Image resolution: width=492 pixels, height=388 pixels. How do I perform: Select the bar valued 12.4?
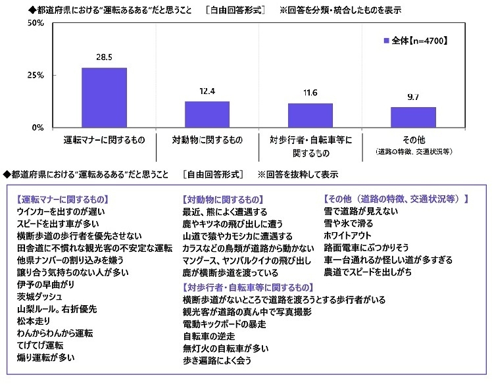point(207,114)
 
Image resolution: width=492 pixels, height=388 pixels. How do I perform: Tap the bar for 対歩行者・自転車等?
point(310,115)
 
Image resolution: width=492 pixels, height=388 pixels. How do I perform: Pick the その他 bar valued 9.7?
point(413,117)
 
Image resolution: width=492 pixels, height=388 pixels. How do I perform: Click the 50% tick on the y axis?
point(35,23)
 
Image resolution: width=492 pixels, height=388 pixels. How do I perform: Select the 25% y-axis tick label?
point(35,75)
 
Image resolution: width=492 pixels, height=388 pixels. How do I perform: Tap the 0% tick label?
point(37,126)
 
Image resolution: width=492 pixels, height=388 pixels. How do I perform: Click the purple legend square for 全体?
point(386,41)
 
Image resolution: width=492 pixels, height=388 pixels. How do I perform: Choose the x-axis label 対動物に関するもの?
point(207,139)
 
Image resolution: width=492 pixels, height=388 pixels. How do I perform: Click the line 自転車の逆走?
point(209,335)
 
